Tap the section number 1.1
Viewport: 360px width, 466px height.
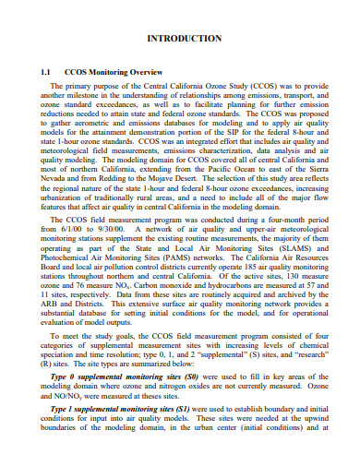(x=48, y=69)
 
